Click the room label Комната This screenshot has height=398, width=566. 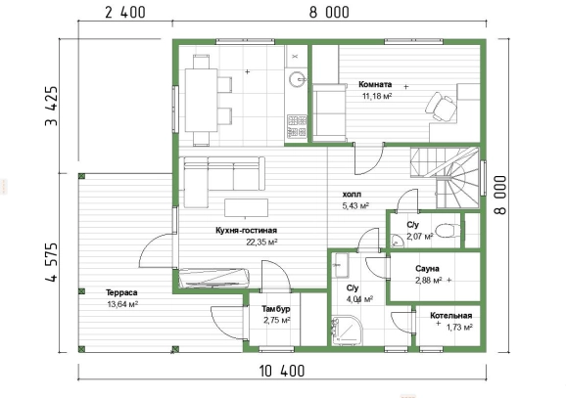click(375, 84)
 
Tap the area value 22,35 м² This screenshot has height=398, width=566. click(261, 243)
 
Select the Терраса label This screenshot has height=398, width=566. click(121, 292)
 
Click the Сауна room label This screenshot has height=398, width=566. click(427, 269)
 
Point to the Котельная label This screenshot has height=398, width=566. click(450, 316)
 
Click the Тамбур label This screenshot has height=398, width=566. click(276, 309)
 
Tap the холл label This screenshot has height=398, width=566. click(352, 195)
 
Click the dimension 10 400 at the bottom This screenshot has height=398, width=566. click(282, 371)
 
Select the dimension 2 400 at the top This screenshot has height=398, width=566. click(125, 13)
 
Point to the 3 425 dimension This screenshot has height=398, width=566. click(52, 106)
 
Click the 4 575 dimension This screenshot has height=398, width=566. click(52, 262)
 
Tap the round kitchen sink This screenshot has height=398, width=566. click(297, 79)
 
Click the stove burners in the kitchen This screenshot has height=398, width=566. click(297, 126)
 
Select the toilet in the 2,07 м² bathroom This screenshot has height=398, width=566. click(448, 230)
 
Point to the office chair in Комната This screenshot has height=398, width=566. click(441, 106)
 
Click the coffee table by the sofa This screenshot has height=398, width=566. click(246, 207)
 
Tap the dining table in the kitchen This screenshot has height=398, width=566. click(201, 100)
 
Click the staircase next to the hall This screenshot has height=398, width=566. click(445, 177)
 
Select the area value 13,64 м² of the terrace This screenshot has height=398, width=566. click(122, 304)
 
